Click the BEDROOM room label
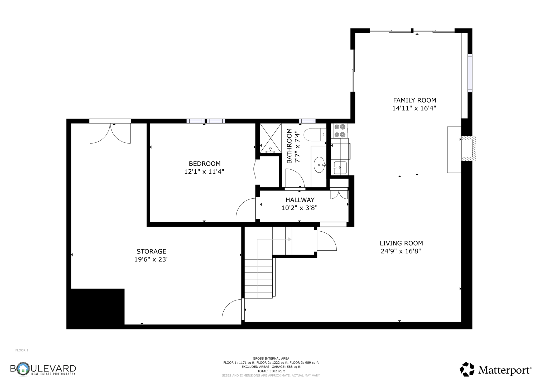[x=204, y=164]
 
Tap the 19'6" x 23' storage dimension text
[x=151, y=259]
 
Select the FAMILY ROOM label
[x=414, y=100]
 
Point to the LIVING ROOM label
[x=401, y=243]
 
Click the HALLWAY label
[x=300, y=200]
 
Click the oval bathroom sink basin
[x=319, y=165]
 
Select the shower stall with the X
[x=271, y=138]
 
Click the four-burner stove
[x=340, y=131]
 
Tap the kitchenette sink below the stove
[x=340, y=168]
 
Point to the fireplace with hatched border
[x=468, y=148]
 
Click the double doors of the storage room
[x=110, y=133]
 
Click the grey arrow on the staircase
[x=290, y=240]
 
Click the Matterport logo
[x=495, y=370]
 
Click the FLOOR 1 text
[x=22, y=350]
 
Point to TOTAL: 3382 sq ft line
[x=271, y=371]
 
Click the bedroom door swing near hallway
[x=246, y=208]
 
